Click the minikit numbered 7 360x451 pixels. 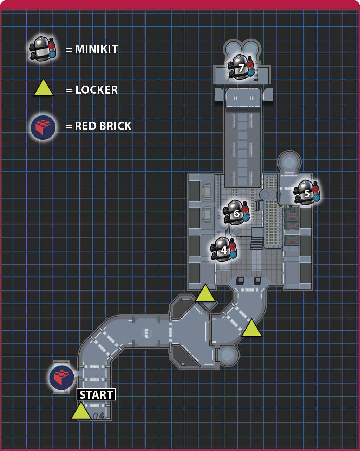pos(241,67)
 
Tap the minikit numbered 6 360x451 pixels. pos(236,212)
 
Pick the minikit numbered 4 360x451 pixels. pos(224,250)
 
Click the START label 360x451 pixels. pos(96,394)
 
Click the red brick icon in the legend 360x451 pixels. pos(43,127)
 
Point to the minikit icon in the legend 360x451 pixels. pos(43,49)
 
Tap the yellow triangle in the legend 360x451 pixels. pos(44,88)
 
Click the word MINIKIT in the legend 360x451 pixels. pos(96,49)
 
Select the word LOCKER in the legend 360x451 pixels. pos(97,90)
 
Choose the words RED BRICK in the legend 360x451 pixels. pos(103,126)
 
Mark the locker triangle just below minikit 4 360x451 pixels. pos(205,293)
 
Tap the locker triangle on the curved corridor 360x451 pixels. pos(251,328)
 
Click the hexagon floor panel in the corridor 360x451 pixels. pos(147,333)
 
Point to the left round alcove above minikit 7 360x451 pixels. pos(232,48)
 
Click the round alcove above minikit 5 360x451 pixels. pos(289,162)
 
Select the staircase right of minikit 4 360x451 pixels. pos(257,243)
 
